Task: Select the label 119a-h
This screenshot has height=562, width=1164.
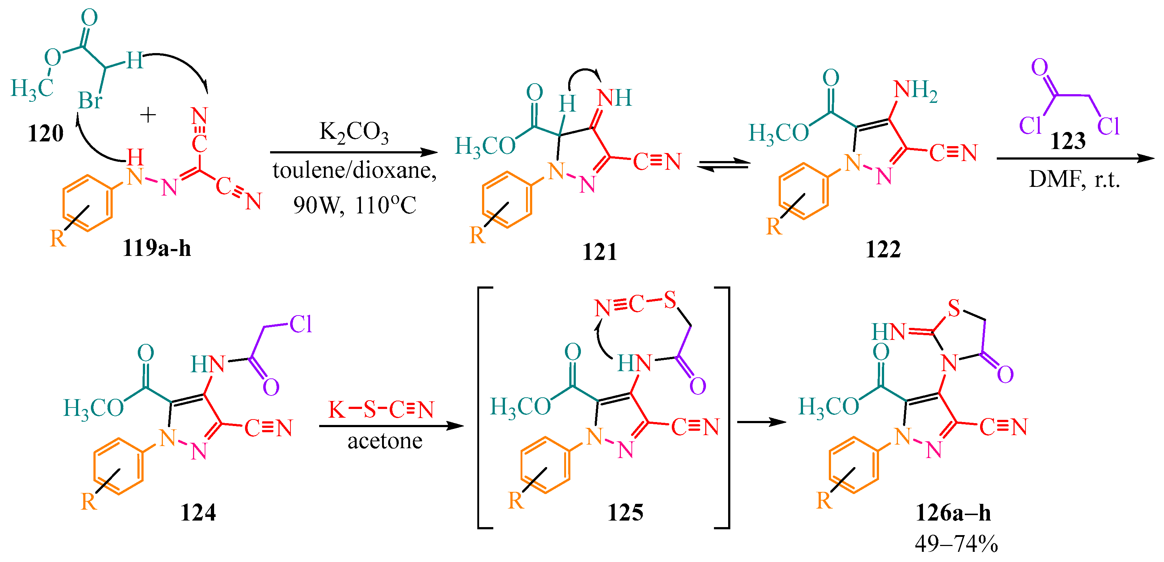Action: tap(156, 248)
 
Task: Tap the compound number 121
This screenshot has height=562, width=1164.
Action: tap(599, 252)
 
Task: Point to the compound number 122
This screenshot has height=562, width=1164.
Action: tap(883, 249)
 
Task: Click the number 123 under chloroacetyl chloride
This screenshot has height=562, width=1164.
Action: tap(1068, 141)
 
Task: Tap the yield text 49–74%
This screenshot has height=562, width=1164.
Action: tap(956, 543)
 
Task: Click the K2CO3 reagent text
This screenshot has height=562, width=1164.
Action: tap(354, 132)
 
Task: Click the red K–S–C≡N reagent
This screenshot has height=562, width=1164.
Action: tap(381, 409)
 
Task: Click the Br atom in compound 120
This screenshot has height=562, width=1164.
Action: tap(90, 100)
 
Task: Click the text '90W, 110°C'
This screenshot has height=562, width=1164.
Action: tap(354, 205)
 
